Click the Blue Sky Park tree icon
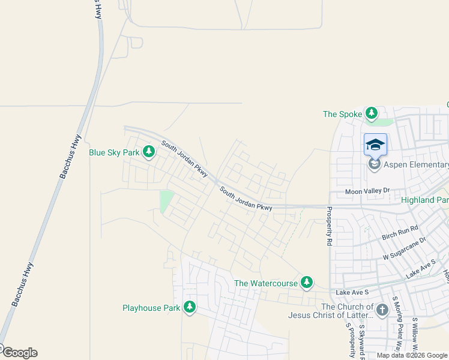pos(148,152)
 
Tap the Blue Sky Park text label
pos(114,152)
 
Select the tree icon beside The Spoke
pos(372,113)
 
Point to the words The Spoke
pos(343,114)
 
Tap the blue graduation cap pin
pos(375,145)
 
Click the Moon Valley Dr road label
pos(367,191)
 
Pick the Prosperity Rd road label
pos(330,227)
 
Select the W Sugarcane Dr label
pos(404,249)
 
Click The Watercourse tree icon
pos(307,282)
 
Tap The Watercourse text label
pos(266,283)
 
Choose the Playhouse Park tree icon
pos(190,308)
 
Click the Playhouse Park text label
pos(151,308)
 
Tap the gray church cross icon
pos(382,310)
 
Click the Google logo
pos(19,353)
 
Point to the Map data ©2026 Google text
pos(412,356)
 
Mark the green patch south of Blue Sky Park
pos(166,201)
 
